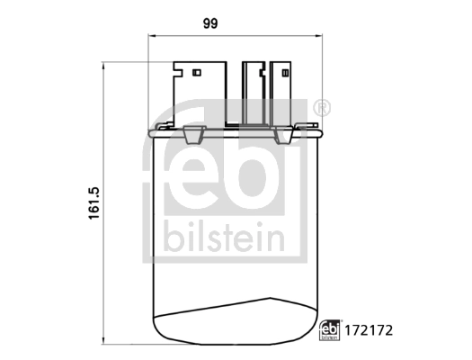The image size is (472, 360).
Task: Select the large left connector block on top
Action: (x=199, y=94)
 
